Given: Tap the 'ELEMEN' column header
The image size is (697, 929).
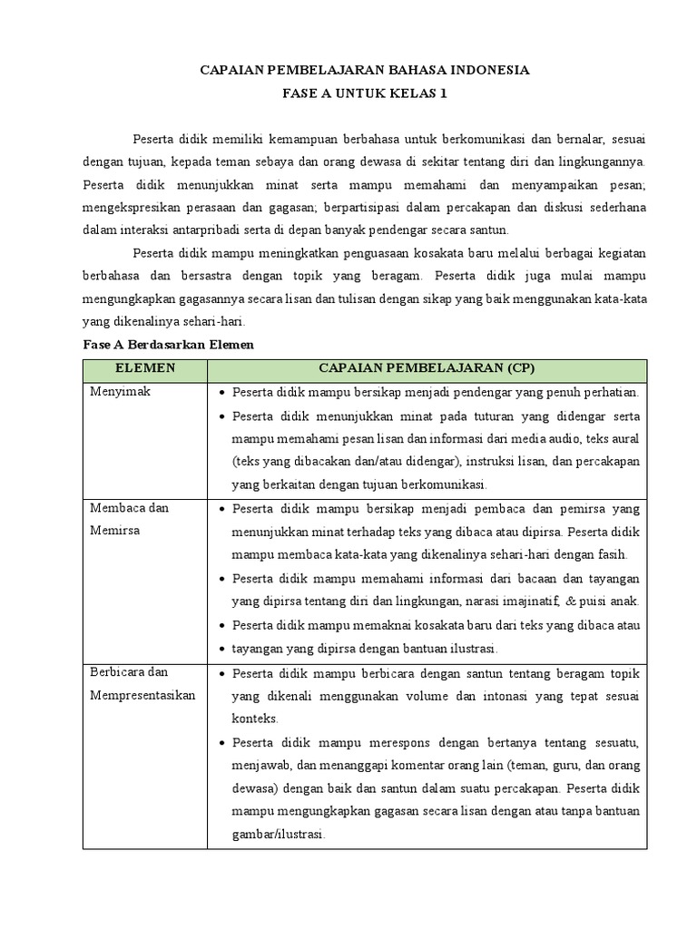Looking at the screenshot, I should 145,369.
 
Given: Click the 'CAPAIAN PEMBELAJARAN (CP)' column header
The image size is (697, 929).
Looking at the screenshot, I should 427,369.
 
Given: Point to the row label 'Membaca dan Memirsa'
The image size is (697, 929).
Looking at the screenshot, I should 130,519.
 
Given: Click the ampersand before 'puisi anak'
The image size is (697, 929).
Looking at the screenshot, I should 570,601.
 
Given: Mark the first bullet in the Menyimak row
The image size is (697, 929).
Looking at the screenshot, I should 222,393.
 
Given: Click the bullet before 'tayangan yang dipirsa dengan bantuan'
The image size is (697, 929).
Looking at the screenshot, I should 222,649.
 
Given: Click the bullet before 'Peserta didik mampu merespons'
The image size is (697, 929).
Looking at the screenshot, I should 222,742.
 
